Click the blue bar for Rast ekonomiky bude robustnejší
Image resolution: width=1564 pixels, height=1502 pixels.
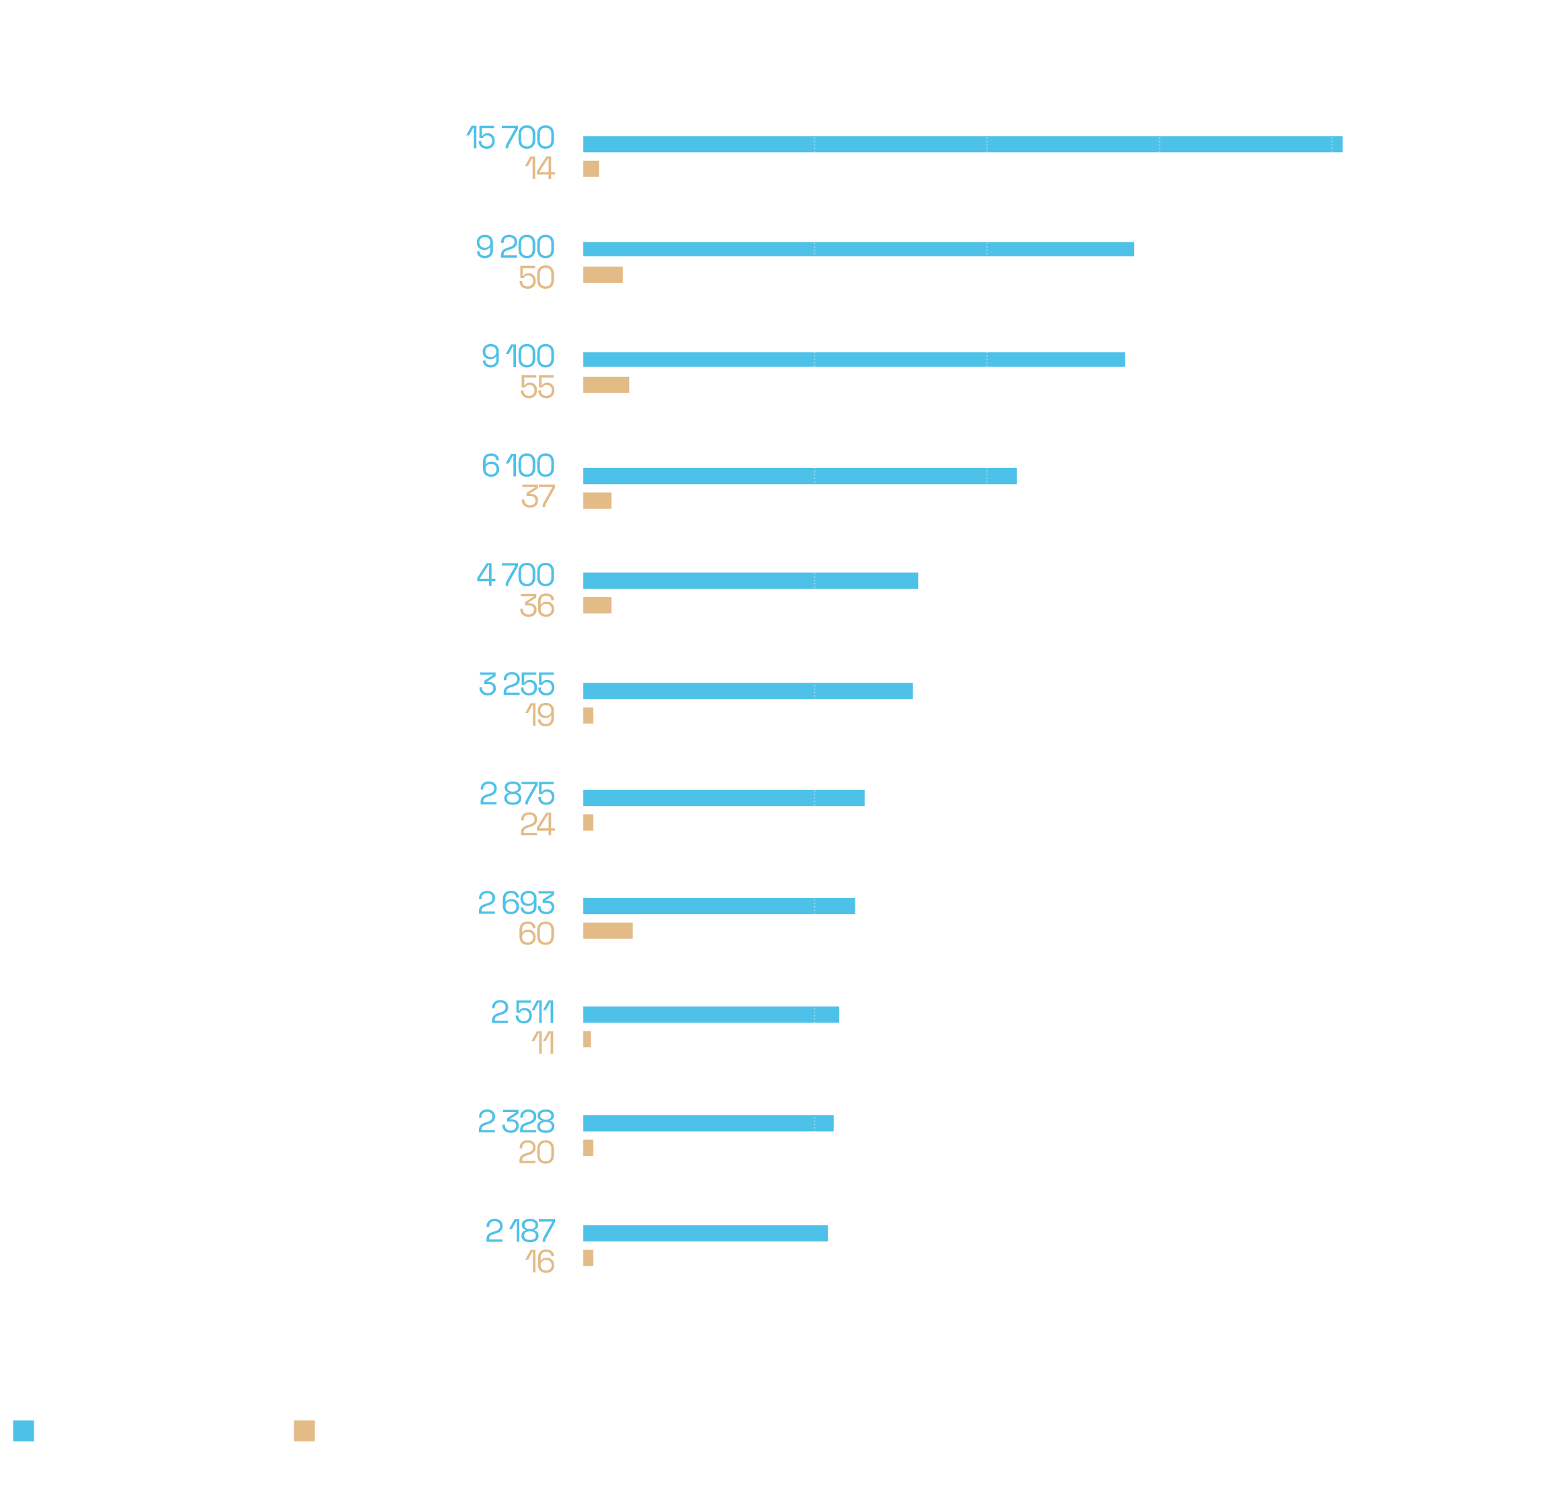click(962, 144)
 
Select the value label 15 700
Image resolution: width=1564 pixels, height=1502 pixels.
click(510, 138)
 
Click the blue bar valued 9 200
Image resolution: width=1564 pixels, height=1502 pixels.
click(858, 249)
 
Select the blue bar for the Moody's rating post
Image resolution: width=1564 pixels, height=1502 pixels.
click(854, 360)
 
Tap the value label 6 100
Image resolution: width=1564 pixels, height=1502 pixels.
click(518, 466)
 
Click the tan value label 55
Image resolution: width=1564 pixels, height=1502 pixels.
click(537, 388)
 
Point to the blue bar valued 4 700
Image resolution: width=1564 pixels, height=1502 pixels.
click(750, 581)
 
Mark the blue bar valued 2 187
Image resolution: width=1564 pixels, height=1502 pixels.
click(705, 1233)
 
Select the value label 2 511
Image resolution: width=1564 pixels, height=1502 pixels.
click(523, 1013)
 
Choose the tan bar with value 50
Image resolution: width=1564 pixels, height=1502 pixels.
click(602, 275)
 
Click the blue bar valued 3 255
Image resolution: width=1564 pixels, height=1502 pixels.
click(748, 691)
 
